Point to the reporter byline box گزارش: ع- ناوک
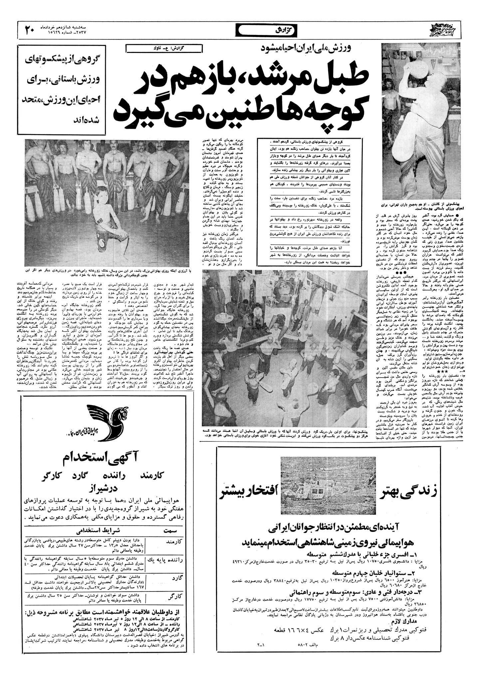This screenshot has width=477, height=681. coord(164,48)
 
